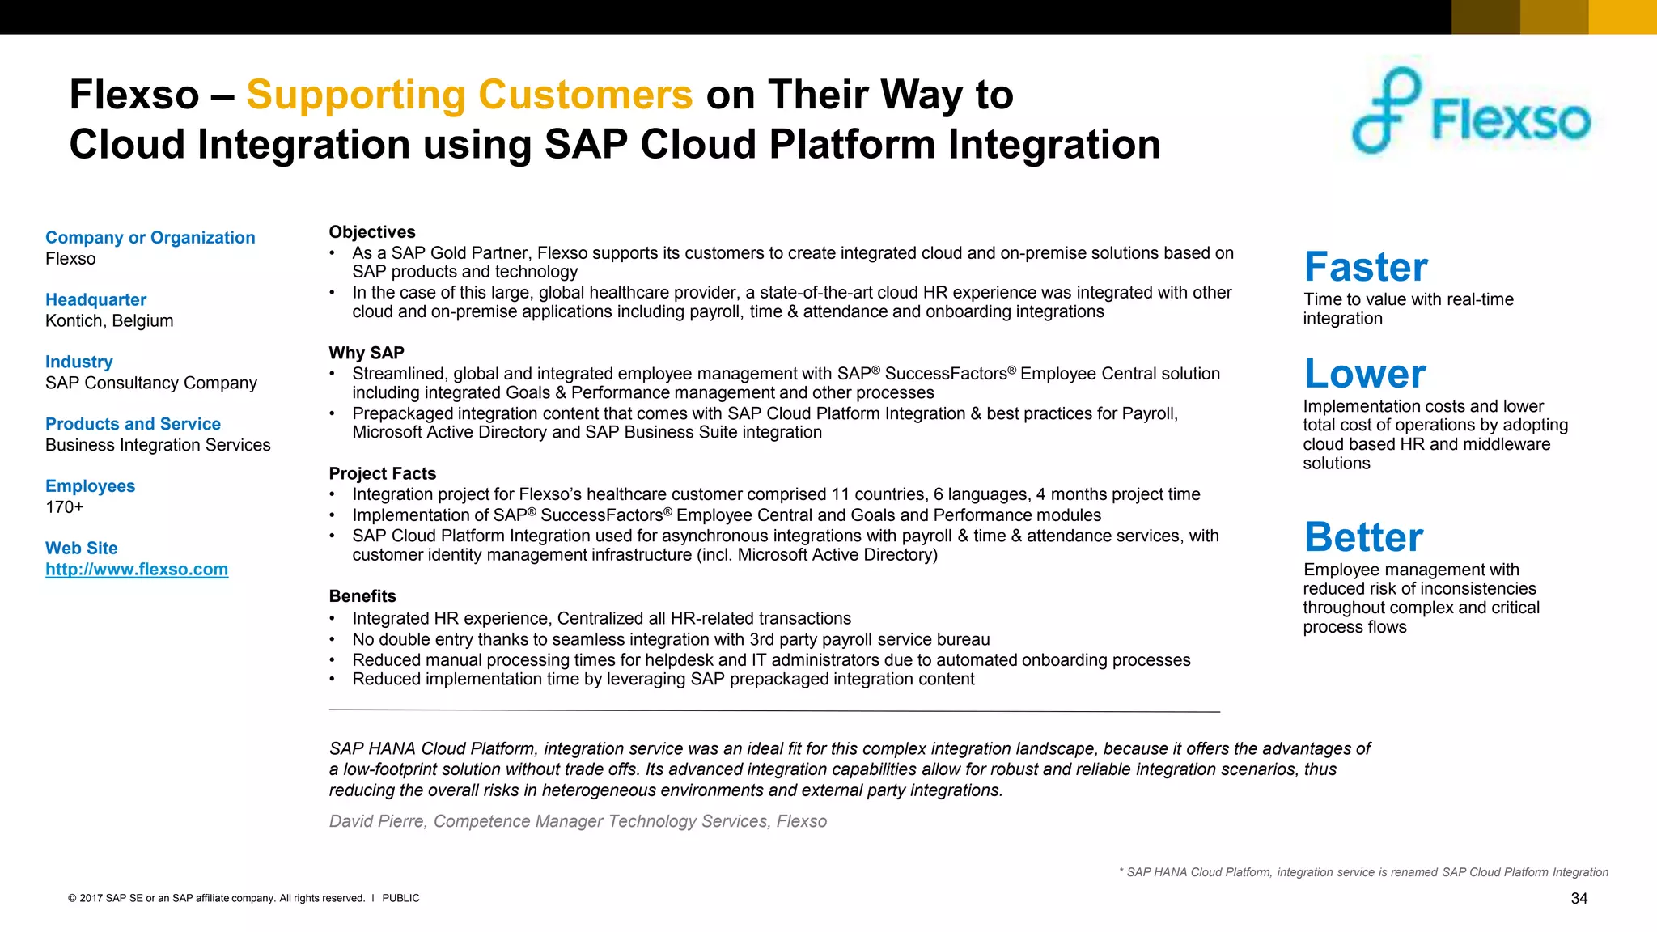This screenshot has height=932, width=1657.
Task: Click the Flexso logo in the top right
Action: (1471, 113)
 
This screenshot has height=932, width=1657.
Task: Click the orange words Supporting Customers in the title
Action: (469, 95)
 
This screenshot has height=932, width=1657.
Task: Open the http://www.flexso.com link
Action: (137, 570)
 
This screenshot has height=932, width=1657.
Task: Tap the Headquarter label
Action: (95, 300)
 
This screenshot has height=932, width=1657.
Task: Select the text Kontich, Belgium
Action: (109, 321)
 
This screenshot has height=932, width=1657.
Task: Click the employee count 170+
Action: (65, 507)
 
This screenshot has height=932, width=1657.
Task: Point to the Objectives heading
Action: (372, 232)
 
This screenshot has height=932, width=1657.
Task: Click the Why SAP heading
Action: (367, 353)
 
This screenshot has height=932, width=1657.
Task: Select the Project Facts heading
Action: (383, 473)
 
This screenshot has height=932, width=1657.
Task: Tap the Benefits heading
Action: (362, 596)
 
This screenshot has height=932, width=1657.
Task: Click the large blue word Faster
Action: (1366, 267)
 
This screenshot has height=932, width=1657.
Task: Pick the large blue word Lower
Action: (1365, 374)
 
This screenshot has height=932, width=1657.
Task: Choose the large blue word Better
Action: (1363, 537)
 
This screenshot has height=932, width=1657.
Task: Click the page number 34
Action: (1579, 899)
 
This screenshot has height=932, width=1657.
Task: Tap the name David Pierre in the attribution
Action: (377, 821)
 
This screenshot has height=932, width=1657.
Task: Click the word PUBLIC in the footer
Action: (400, 898)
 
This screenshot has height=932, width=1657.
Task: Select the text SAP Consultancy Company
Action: (151, 383)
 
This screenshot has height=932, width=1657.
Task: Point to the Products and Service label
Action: (133, 424)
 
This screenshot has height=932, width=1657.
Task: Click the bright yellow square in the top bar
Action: (1622, 17)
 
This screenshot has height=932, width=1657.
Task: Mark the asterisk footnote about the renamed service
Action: (1363, 872)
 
